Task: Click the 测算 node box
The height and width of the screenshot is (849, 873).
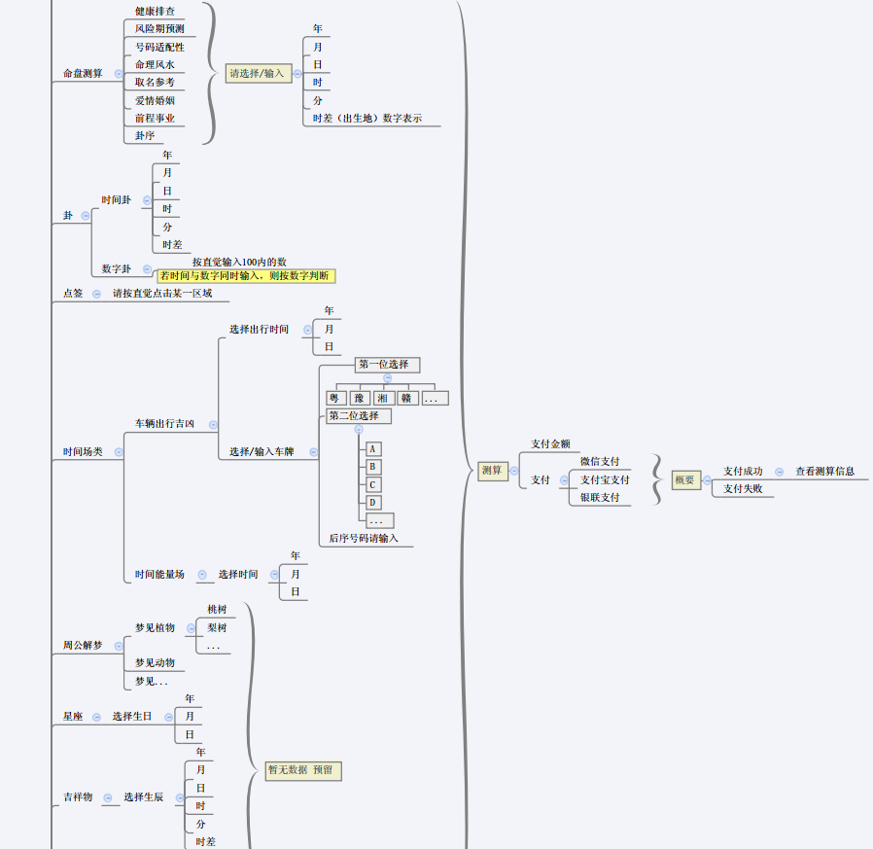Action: [492, 471]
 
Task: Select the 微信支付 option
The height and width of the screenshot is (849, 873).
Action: [600, 461]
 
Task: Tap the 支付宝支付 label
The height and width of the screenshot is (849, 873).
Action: [605, 479]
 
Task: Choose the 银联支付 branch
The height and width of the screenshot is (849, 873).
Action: [600, 497]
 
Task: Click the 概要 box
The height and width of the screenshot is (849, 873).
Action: [685, 479]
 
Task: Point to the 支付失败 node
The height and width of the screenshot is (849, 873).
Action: [743, 488]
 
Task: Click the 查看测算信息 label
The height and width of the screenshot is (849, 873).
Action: [824, 471]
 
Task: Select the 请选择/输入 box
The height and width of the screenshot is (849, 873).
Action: [258, 73]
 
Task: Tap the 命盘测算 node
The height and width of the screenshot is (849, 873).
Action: [83, 73]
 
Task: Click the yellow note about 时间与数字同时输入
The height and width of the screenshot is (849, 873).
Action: [245, 276]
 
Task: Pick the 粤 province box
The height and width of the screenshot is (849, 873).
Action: [335, 398]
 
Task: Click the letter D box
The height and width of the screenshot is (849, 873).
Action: [372, 503]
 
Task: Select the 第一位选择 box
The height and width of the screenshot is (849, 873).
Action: [386, 365]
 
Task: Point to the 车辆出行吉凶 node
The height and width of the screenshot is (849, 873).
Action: [164, 424]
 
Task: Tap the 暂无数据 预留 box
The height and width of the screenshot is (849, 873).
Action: [303, 770]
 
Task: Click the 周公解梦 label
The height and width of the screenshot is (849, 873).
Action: [83, 645]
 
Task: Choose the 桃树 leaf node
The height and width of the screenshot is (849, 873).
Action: [216, 609]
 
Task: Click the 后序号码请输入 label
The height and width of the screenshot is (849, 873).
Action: [363, 538]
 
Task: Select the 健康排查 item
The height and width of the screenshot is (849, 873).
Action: [155, 11]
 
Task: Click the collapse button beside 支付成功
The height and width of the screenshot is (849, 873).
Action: [779, 472]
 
